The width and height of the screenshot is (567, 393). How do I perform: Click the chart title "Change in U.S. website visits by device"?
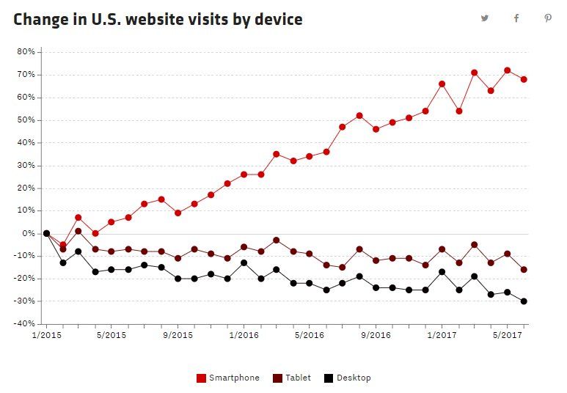158,20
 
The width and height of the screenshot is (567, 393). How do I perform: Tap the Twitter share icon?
485,18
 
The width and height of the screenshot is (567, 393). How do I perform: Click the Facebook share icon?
516,18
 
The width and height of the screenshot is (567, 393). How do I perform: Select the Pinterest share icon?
548,18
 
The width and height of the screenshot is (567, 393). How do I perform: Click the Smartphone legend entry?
228,378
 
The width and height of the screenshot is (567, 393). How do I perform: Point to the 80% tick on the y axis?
26,52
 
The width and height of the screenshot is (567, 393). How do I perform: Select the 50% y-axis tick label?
26,120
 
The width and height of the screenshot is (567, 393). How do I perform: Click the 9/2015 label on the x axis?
178,335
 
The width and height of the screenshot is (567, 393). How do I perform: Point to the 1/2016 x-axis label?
244,335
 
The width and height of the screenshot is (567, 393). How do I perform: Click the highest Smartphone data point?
508,70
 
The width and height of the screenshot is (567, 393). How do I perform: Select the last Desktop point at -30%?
524,301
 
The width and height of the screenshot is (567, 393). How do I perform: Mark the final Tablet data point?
524,269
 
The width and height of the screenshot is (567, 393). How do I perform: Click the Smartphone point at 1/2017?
442,84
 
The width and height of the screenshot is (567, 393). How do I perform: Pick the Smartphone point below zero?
63,245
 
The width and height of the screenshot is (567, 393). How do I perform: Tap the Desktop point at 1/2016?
244,262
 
